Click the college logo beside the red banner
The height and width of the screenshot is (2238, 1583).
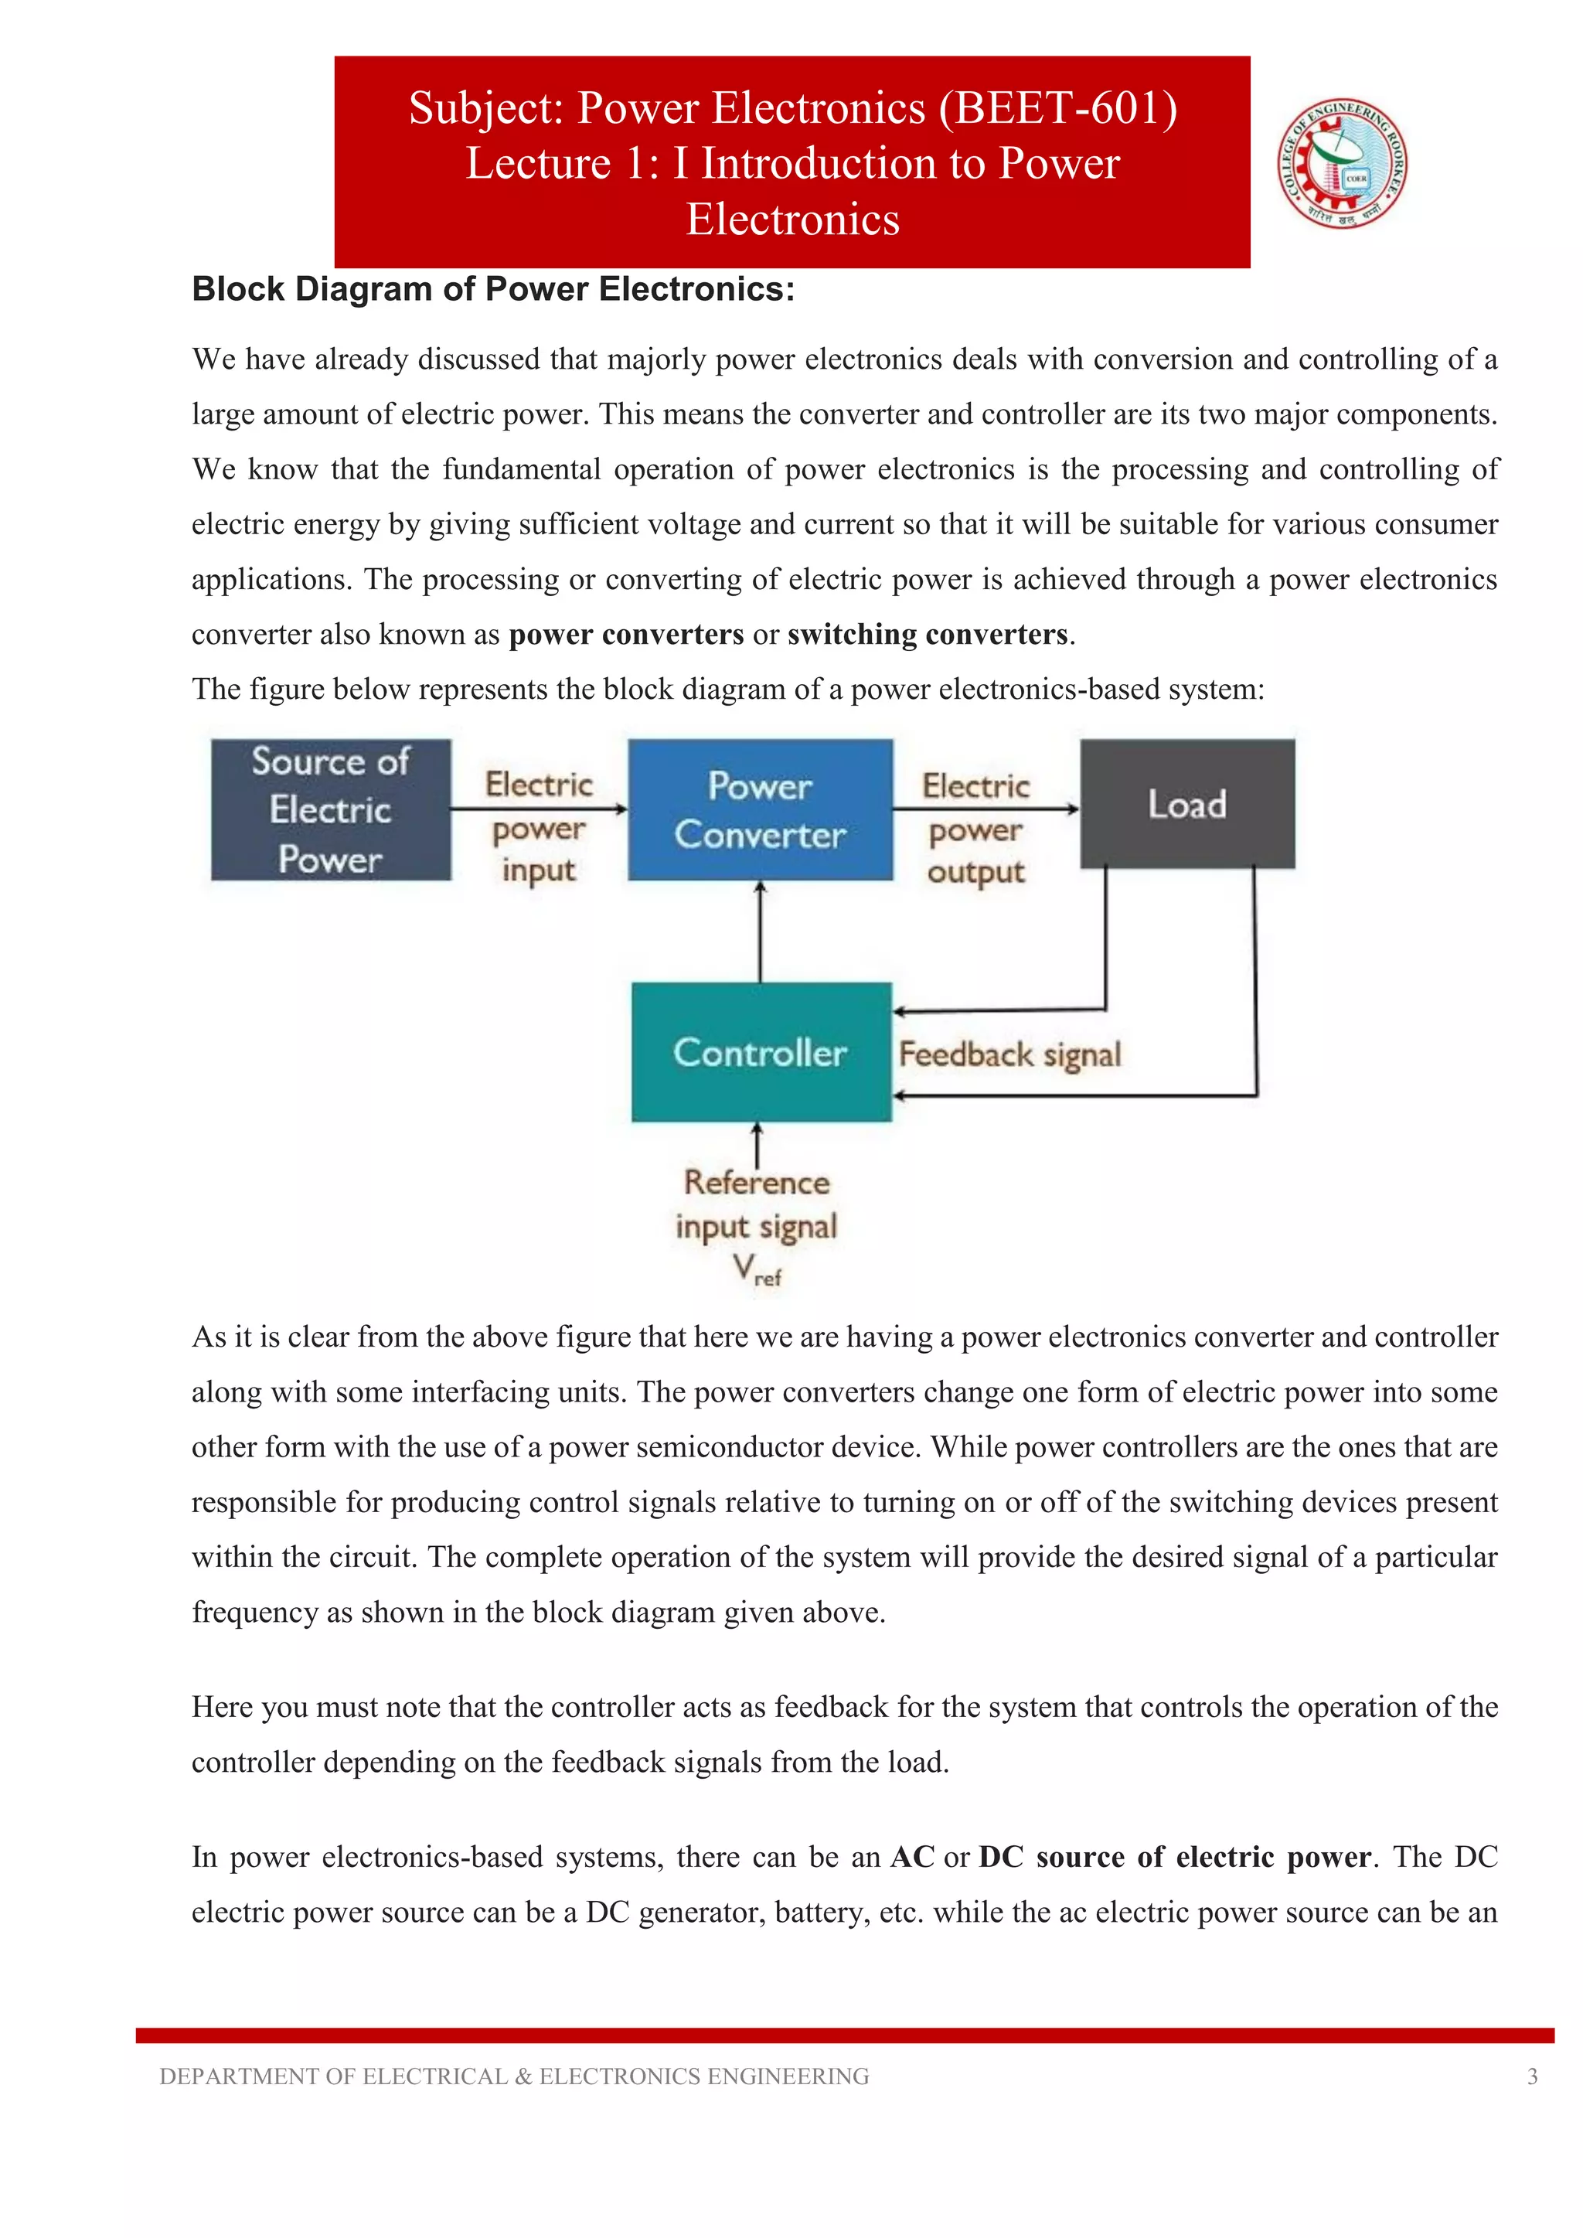pos(1343,163)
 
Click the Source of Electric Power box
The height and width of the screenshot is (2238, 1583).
pos(331,810)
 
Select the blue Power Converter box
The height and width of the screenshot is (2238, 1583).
pos(759,810)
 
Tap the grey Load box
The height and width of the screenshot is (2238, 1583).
pos(1187,804)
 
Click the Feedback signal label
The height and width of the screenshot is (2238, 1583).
pos(1009,1054)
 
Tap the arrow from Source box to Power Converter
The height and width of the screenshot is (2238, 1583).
pos(538,808)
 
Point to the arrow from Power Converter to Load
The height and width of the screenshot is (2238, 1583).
pos(985,808)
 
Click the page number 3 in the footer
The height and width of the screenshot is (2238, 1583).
pos(1531,2076)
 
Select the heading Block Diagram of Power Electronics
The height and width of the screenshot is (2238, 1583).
pos(493,289)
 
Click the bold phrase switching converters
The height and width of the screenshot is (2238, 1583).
pos(927,635)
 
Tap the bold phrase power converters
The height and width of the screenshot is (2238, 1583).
pos(626,635)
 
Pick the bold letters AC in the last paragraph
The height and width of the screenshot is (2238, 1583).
pos(912,1857)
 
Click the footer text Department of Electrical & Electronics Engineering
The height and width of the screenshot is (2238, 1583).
pos(514,2076)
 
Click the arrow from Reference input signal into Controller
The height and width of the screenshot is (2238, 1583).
pos(757,1143)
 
